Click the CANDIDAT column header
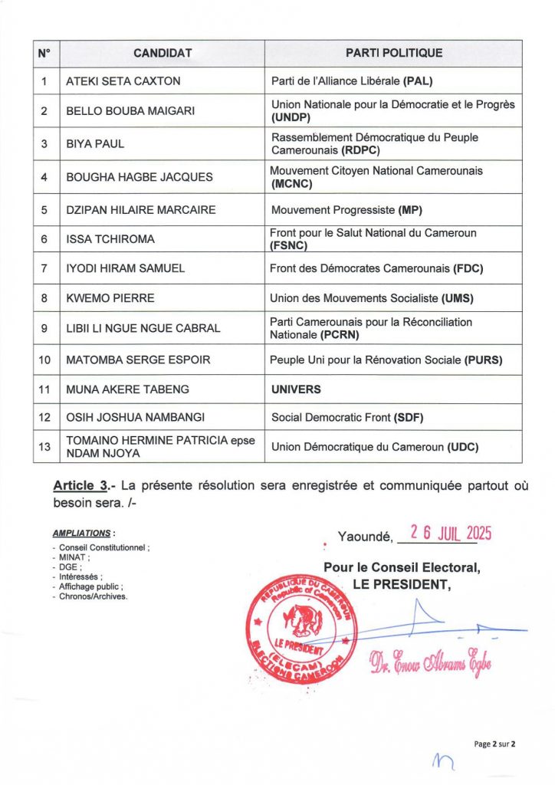[163, 54]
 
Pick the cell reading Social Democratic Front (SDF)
[347, 418]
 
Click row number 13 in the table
[45, 448]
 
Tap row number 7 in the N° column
[45, 268]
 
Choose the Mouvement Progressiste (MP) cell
[346, 210]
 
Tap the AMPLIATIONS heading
[84, 532]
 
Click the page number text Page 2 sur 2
[496, 743]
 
